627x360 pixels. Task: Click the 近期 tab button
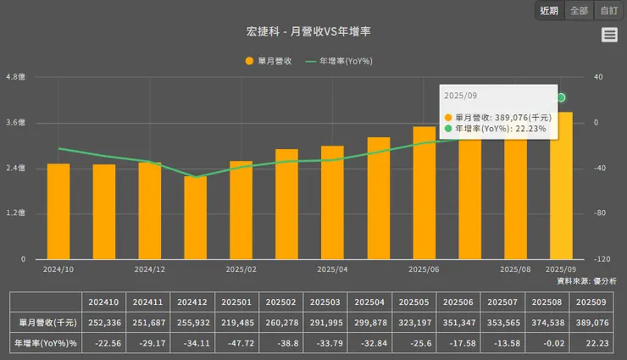(x=549, y=11)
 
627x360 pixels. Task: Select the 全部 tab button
(x=579, y=11)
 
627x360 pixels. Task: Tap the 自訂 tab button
(x=608, y=11)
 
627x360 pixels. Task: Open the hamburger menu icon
(x=609, y=35)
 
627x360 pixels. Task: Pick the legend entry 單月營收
(x=269, y=61)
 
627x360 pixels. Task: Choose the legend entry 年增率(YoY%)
(x=339, y=61)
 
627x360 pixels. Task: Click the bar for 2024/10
(x=58, y=212)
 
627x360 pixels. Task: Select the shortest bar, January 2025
(x=196, y=219)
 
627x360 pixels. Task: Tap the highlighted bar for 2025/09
(x=561, y=186)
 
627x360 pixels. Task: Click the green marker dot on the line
(x=561, y=98)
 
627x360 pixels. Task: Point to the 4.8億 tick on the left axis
(x=16, y=77)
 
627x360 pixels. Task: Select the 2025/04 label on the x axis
(x=332, y=269)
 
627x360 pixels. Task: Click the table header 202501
(x=239, y=302)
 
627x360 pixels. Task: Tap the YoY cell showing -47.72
(x=239, y=343)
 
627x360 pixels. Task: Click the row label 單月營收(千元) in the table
(x=47, y=323)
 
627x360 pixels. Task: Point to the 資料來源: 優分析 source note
(x=586, y=280)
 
